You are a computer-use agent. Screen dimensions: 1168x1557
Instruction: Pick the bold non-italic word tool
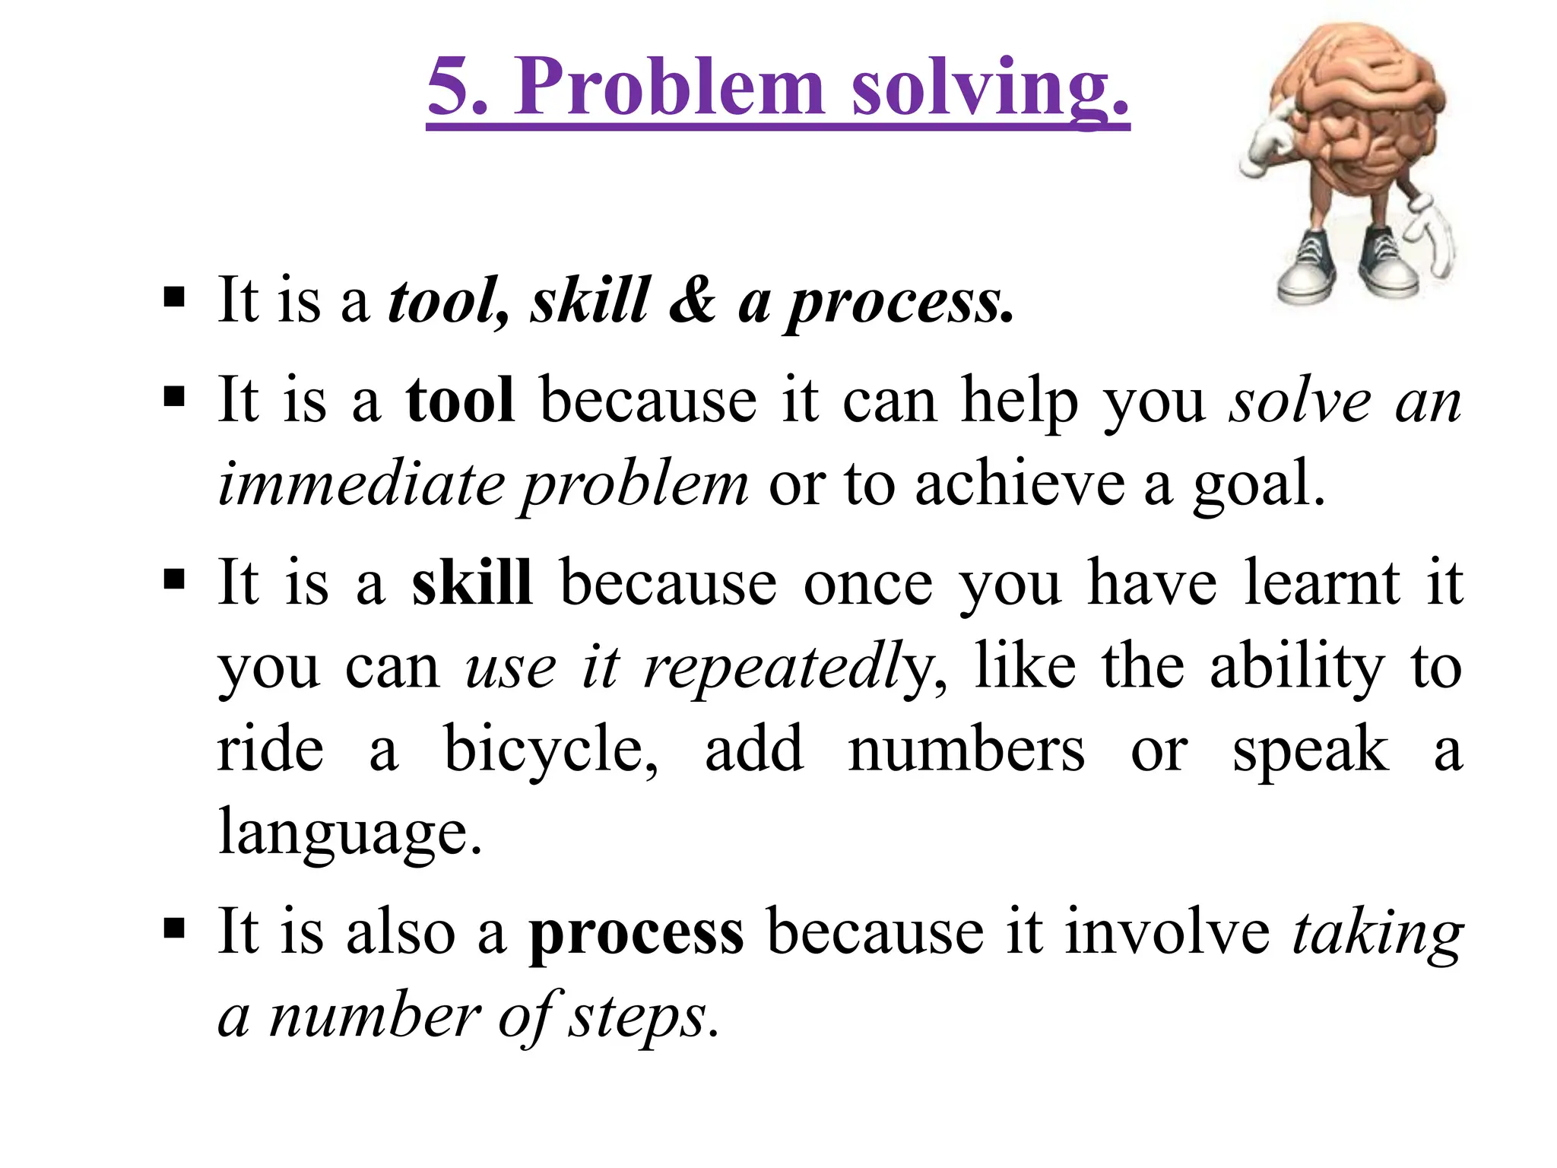pyautogui.click(x=460, y=400)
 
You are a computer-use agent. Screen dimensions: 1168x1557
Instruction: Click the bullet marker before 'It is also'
pyautogui.click(x=174, y=928)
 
